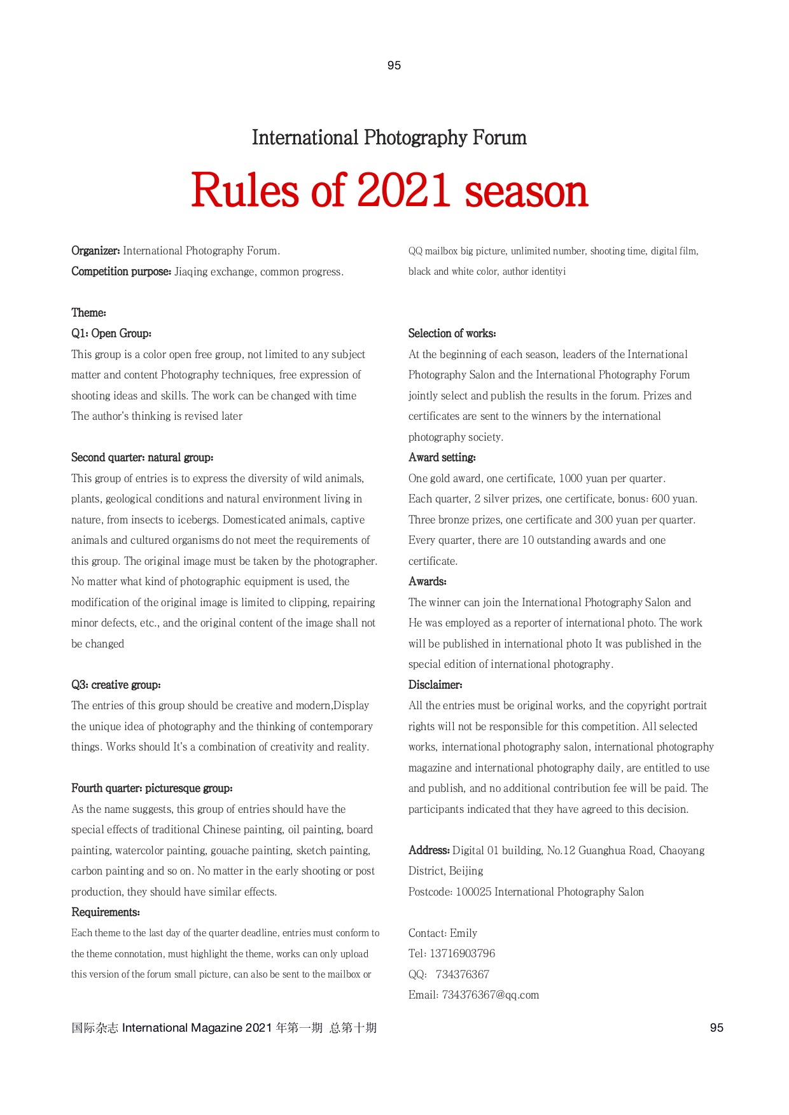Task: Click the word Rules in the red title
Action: coord(244,191)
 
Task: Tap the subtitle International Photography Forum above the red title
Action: coord(389,137)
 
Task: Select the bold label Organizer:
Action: coord(95,251)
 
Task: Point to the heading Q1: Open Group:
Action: coord(111,333)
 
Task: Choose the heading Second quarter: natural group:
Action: coord(142,457)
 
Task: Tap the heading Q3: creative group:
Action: coord(116,685)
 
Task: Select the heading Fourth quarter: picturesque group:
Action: coord(151,788)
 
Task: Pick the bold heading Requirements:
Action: coord(105,912)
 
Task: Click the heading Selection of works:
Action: coord(452,333)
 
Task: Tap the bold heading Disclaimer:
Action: coord(435,685)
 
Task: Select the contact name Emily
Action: coord(463,933)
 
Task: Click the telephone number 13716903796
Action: coord(462,953)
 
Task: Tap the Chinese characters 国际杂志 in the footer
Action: coord(94,1028)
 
